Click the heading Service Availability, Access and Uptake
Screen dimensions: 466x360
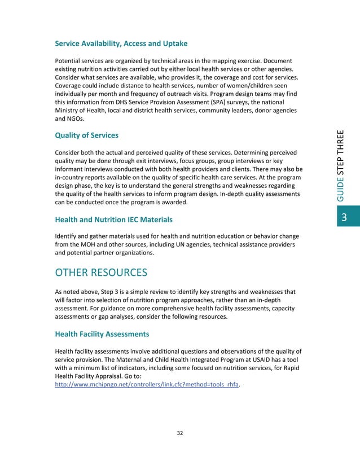(121, 43)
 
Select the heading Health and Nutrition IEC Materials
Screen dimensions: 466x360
(113, 219)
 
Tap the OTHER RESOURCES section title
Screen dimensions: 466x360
(101, 273)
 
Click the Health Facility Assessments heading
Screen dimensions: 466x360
(106, 334)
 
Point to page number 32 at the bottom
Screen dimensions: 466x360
(180, 433)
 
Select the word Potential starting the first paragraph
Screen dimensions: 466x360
(69, 60)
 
